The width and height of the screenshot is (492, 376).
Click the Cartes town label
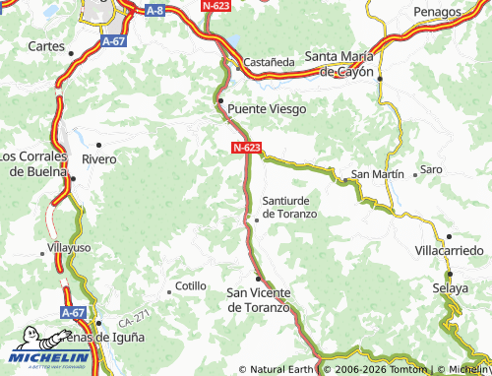(46, 46)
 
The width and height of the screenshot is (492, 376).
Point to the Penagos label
(438, 12)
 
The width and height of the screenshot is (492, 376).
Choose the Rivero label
(98, 158)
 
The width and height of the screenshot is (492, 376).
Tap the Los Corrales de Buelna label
(34, 163)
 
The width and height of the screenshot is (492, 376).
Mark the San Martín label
(378, 173)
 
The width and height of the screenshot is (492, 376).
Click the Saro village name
(431, 169)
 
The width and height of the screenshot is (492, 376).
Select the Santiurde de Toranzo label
(289, 207)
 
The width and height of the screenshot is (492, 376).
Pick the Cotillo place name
(190, 286)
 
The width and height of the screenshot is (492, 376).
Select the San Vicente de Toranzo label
(260, 299)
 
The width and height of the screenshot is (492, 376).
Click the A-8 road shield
(154, 11)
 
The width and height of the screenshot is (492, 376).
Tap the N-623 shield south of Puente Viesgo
(247, 148)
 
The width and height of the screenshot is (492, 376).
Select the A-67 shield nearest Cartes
(113, 43)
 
